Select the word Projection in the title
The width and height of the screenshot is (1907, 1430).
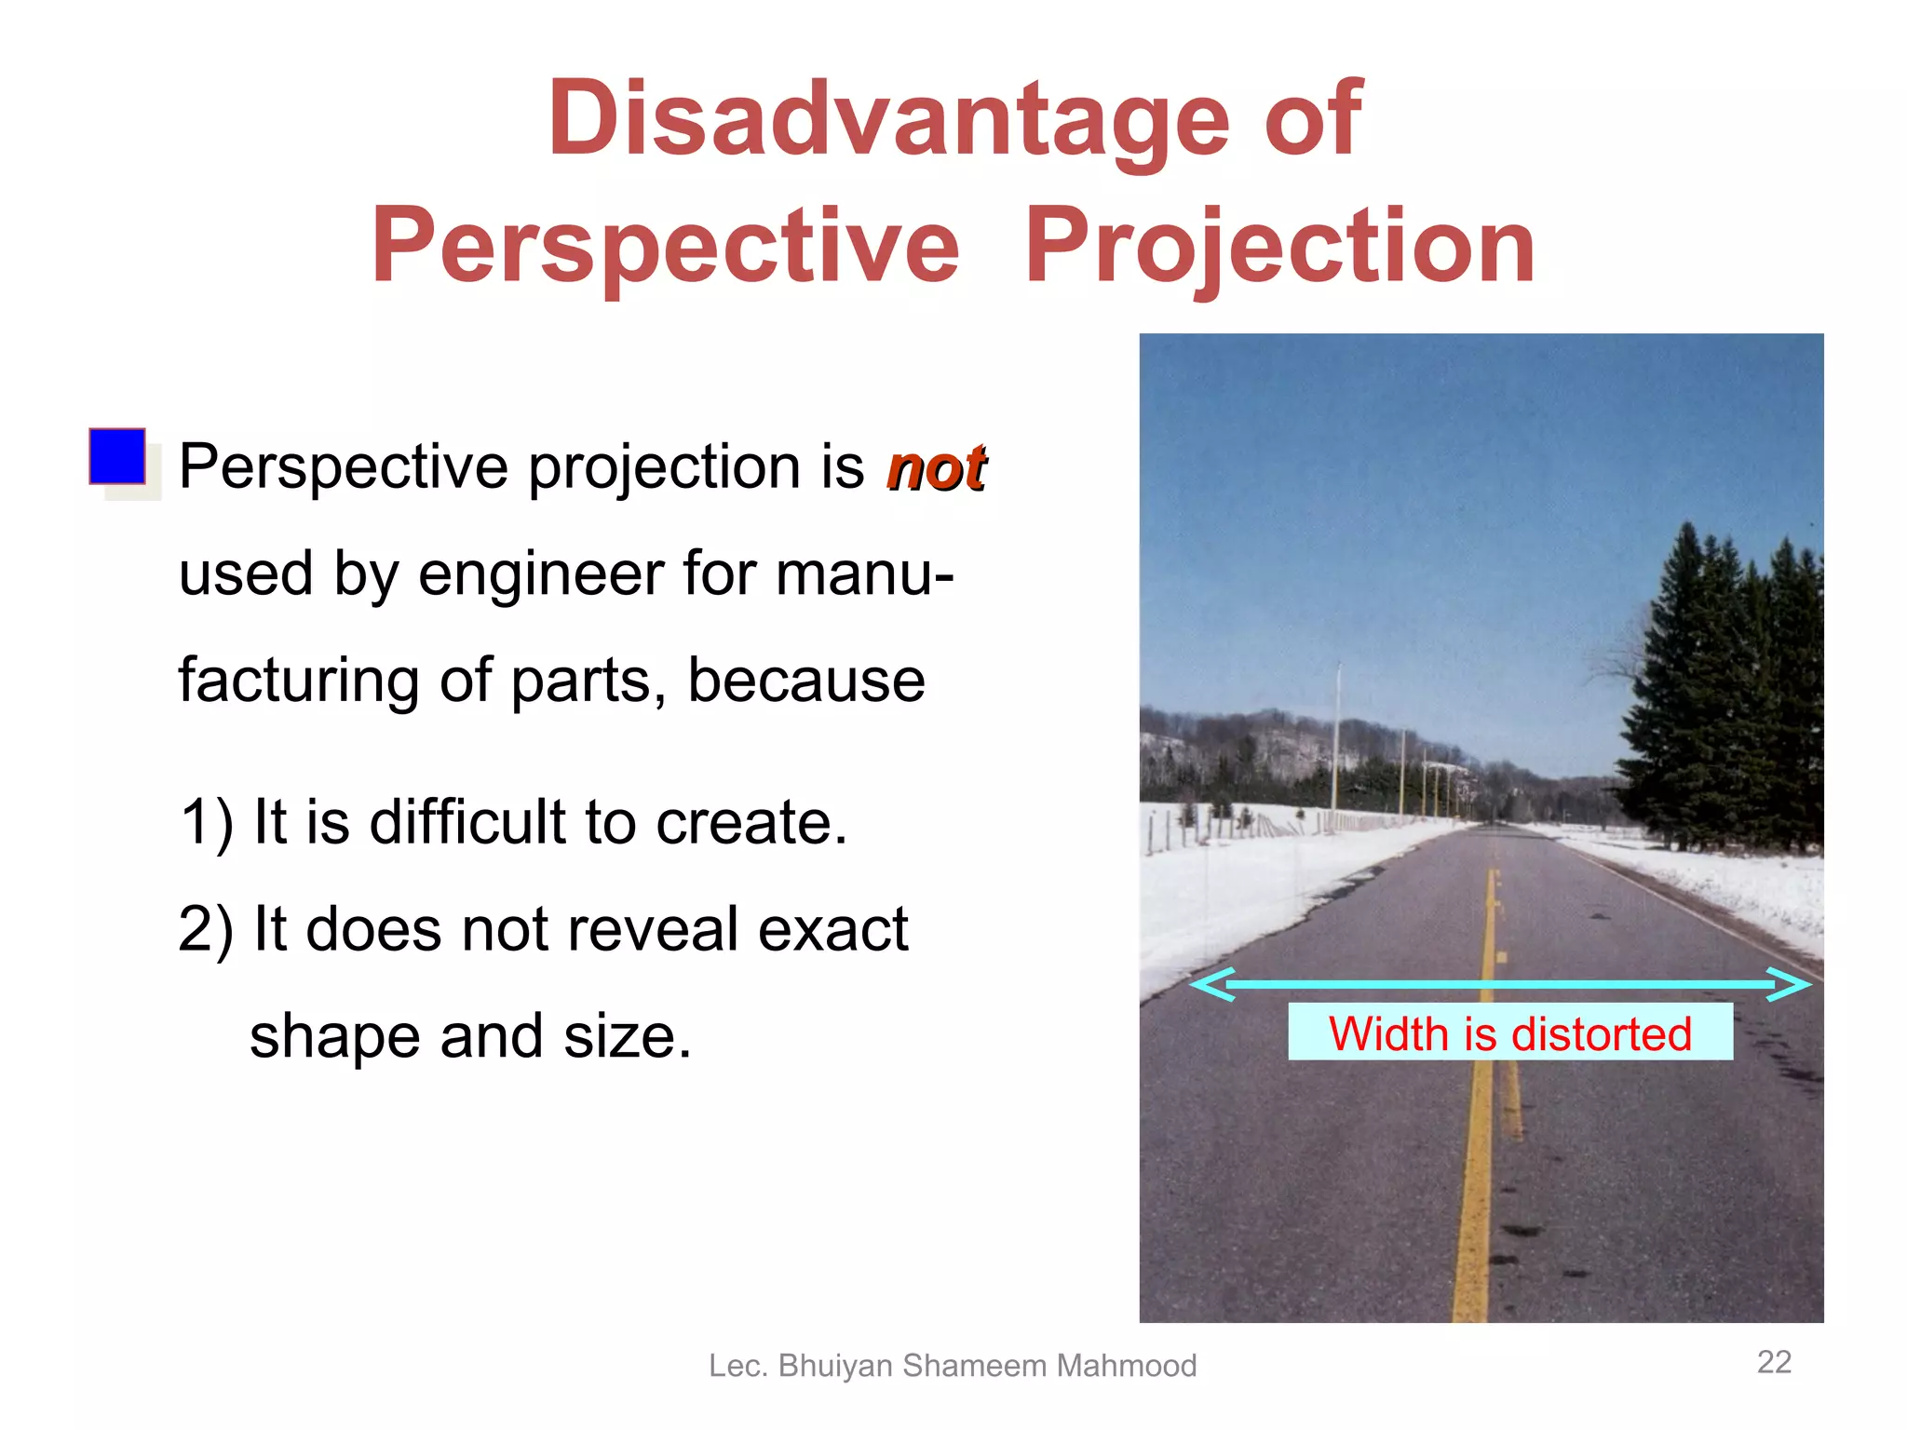point(1280,246)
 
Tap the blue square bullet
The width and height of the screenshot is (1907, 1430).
point(117,456)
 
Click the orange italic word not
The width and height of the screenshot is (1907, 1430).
point(936,467)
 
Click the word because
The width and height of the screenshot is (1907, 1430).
point(806,681)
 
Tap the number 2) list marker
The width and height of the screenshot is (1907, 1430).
point(205,929)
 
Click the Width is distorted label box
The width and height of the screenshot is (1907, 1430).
point(1509,1032)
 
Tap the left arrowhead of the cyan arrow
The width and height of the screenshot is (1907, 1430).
point(1210,984)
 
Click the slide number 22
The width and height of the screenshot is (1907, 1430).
point(1774,1362)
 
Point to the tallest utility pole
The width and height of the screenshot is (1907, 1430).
point(1338,735)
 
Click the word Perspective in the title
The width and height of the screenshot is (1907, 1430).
point(666,246)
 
